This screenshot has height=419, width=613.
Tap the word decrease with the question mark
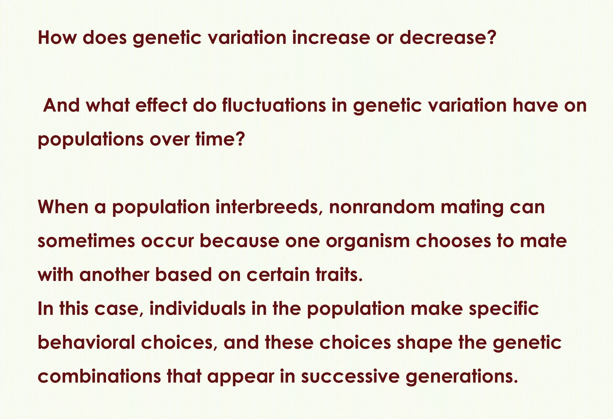point(446,38)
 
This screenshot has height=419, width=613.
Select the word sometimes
point(87,241)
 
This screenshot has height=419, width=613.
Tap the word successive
point(350,376)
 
